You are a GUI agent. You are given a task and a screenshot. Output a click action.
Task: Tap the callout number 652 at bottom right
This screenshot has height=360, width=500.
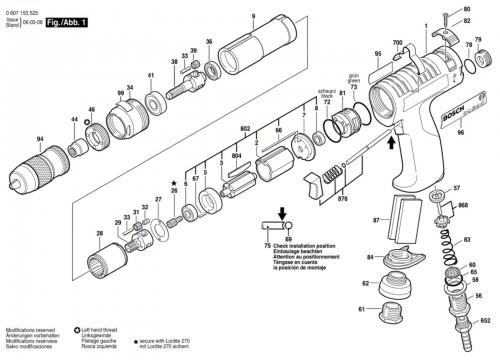(485, 322)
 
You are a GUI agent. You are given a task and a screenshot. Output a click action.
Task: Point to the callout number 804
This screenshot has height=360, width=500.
(236, 155)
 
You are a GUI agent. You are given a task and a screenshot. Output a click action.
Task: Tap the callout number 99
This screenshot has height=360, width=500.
(118, 93)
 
